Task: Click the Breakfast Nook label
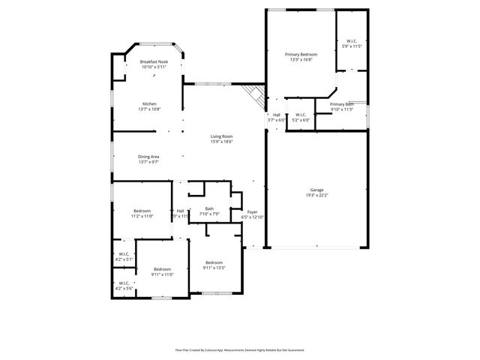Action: click(153, 61)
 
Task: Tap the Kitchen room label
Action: click(150, 103)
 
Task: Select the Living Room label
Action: click(221, 136)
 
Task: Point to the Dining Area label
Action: click(148, 157)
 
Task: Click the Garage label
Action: click(317, 190)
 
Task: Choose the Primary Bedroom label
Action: click(301, 55)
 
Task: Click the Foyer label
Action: click(253, 212)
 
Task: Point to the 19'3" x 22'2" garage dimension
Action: click(317, 195)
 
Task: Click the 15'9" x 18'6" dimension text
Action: click(221, 141)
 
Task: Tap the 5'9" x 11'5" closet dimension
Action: click(352, 46)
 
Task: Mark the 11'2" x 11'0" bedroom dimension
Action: click(143, 216)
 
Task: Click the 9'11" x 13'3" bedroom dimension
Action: click(214, 268)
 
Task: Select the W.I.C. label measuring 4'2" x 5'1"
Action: click(124, 254)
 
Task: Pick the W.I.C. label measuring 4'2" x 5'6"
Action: click(124, 283)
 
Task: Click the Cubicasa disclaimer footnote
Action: click(240, 349)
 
